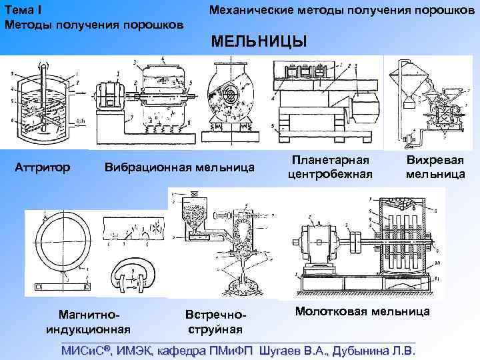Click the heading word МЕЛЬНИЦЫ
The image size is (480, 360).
click(x=259, y=42)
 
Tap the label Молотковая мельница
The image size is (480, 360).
click(x=362, y=311)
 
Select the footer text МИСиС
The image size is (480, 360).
click(x=85, y=351)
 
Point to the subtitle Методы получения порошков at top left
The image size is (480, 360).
click(x=94, y=25)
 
